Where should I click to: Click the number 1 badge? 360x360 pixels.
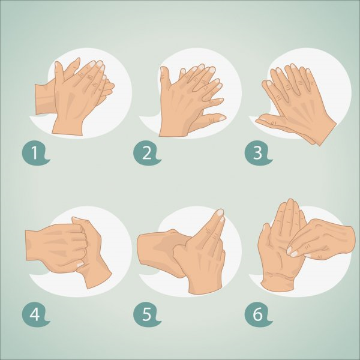click(35, 153)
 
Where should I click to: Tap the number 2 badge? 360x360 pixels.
click(146, 153)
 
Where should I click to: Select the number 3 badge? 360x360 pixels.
click(257, 153)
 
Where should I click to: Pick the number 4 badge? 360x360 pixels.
click(35, 314)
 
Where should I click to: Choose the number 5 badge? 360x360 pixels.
click(146, 314)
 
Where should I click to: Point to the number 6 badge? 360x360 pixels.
click(257, 314)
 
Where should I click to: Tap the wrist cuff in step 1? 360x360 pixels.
click(44, 99)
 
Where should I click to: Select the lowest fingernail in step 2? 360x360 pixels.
click(222, 118)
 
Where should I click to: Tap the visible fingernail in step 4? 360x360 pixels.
click(80, 265)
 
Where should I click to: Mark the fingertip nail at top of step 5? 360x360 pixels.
click(220, 212)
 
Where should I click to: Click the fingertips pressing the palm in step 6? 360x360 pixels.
click(292, 251)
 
